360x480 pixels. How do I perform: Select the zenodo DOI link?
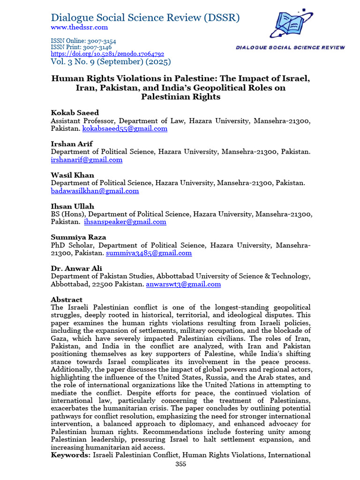107,54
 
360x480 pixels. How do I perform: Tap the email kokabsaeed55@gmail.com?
125,128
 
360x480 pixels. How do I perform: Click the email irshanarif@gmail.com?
87,159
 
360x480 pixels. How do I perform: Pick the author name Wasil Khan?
72,175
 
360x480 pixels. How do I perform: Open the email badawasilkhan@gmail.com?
95,191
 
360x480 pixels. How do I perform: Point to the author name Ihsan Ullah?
72,206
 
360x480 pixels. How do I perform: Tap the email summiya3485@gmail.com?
149,253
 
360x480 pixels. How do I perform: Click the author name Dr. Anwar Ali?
76,268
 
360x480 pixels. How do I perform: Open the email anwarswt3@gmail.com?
183,284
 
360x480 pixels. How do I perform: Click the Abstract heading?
67,300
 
